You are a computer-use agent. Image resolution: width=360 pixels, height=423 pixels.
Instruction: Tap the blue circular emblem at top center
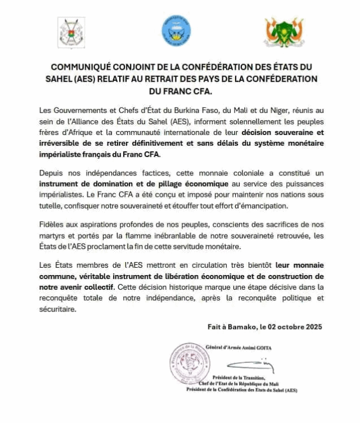coord(176,30)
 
